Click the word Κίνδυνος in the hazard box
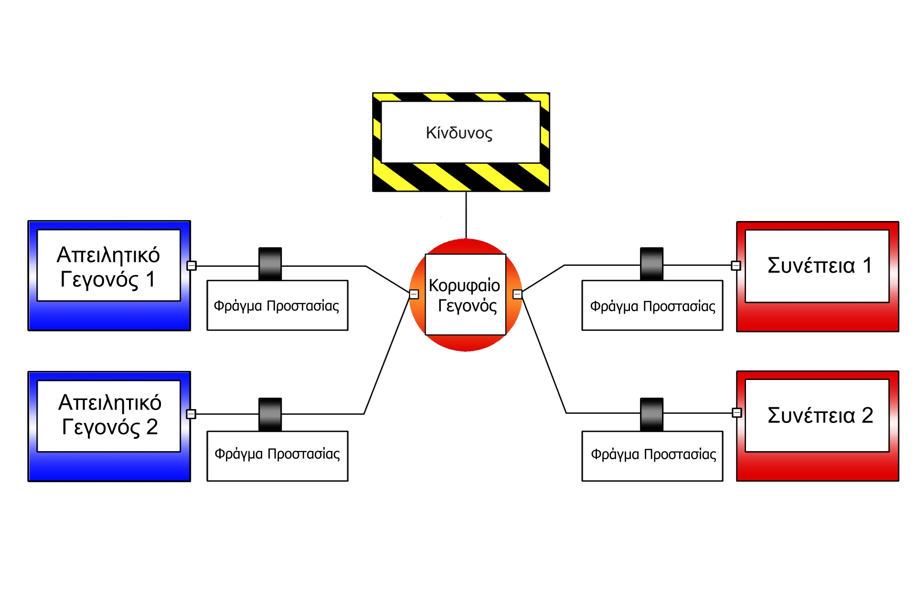click(x=459, y=133)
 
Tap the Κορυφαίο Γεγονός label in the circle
click(x=465, y=295)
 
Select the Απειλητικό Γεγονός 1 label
click(x=108, y=266)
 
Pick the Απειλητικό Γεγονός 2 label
click(x=109, y=414)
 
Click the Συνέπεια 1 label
click(x=820, y=265)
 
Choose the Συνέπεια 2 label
click(x=820, y=415)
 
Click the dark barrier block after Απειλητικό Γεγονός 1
click(x=270, y=263)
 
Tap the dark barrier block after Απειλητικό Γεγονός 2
click(x=270, y=414)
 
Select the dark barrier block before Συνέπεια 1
click(x=651, y=263)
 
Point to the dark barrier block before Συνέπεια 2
click(x=651, y=414)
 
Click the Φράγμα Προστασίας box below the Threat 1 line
click(x=277, y=305)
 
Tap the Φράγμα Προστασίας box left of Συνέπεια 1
click(x=652, y=305)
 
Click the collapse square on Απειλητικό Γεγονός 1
click(x=192, y=265)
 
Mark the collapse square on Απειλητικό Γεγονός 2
click(x=191, y=414)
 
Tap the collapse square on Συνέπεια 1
click(x=736, y=265)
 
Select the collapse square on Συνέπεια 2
click(x=737, y=412)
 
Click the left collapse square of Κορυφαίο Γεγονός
click(x=414, y=294)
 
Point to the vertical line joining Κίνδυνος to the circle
click(x=466, y=215)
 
